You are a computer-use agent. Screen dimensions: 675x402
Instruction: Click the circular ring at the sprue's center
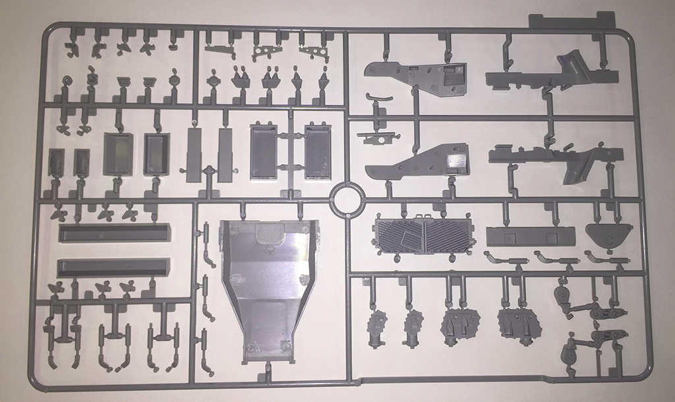click(347, 198)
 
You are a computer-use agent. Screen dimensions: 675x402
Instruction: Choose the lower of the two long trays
click(113, 267)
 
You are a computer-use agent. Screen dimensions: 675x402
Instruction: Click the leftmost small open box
click(57, 162)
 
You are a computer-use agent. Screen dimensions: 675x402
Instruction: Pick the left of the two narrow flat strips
click(194, 155)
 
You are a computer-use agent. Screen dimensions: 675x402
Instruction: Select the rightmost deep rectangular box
click(318, 151)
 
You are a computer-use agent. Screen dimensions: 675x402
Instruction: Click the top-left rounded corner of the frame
click(47, 30)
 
